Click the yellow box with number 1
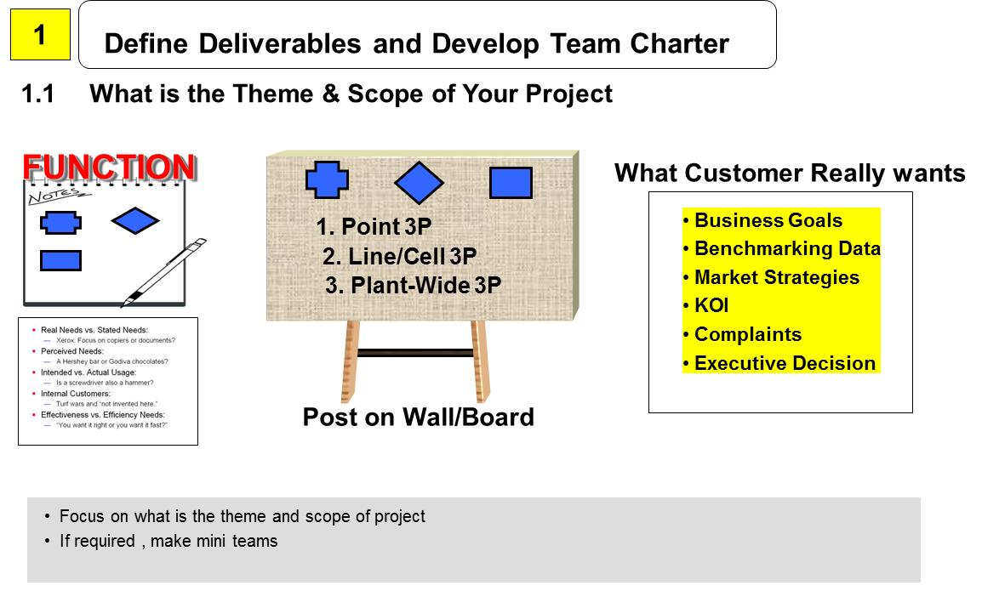click(x=40, y=35)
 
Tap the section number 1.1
click(x=38, y=94)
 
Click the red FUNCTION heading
click(x=109, y=168)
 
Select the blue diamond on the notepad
click(x=135, y=221)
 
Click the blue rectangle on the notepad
click(x=60, y=260)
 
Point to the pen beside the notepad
click(x=165, y=272)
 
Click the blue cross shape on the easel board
click(x=327, y=180)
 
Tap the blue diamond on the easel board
click(x=419, y=182)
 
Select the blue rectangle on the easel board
click(x=511, y=182)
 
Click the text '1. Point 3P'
click(x=374, y=227)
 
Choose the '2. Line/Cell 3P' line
click(x=399, y=257)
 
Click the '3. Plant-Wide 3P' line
click(x=413, y=286)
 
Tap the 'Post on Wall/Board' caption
click(x=418, y=418)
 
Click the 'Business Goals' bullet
click(x=768, y=221)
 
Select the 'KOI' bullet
click(x=711, y=306)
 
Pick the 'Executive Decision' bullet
click(x=784, y=363)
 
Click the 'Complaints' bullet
click(x=747, y=334)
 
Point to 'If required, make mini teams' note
click(x=168, y=541)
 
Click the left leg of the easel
click(x=350, y=361)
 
